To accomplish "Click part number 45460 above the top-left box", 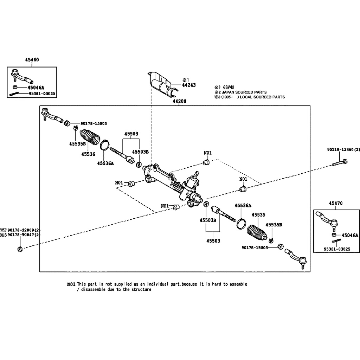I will [32, 60].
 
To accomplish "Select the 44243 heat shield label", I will [189, 85].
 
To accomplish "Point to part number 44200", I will [179, 101].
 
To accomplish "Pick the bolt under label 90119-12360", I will [339, 162].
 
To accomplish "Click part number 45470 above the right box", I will [336, 204].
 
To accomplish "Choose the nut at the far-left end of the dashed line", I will [20, 249].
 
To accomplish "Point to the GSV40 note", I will [229, 87].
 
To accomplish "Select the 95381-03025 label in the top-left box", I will [42, 94].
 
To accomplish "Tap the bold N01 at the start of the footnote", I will [71, 284].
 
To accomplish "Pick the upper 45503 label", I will [131, 134].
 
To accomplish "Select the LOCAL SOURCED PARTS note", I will [262, 97].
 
